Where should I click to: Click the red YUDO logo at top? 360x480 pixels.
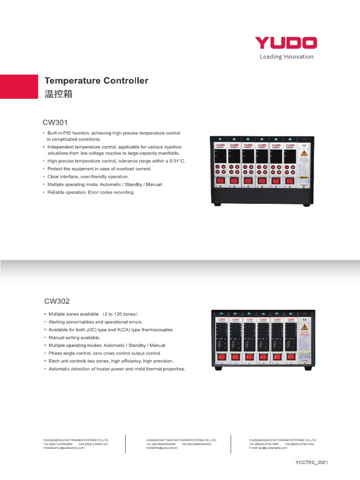point(285,43)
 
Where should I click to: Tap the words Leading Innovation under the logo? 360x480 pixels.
point(286,57)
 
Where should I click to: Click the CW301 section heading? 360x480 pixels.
point(56,123)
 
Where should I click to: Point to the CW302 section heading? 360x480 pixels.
point(57,301)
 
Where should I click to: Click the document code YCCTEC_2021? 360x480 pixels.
point(312,462)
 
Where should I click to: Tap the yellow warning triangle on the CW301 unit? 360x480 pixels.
point(304,153)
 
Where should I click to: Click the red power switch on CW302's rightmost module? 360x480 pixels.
point(291,357)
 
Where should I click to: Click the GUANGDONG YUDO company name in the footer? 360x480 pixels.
point(181,440)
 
